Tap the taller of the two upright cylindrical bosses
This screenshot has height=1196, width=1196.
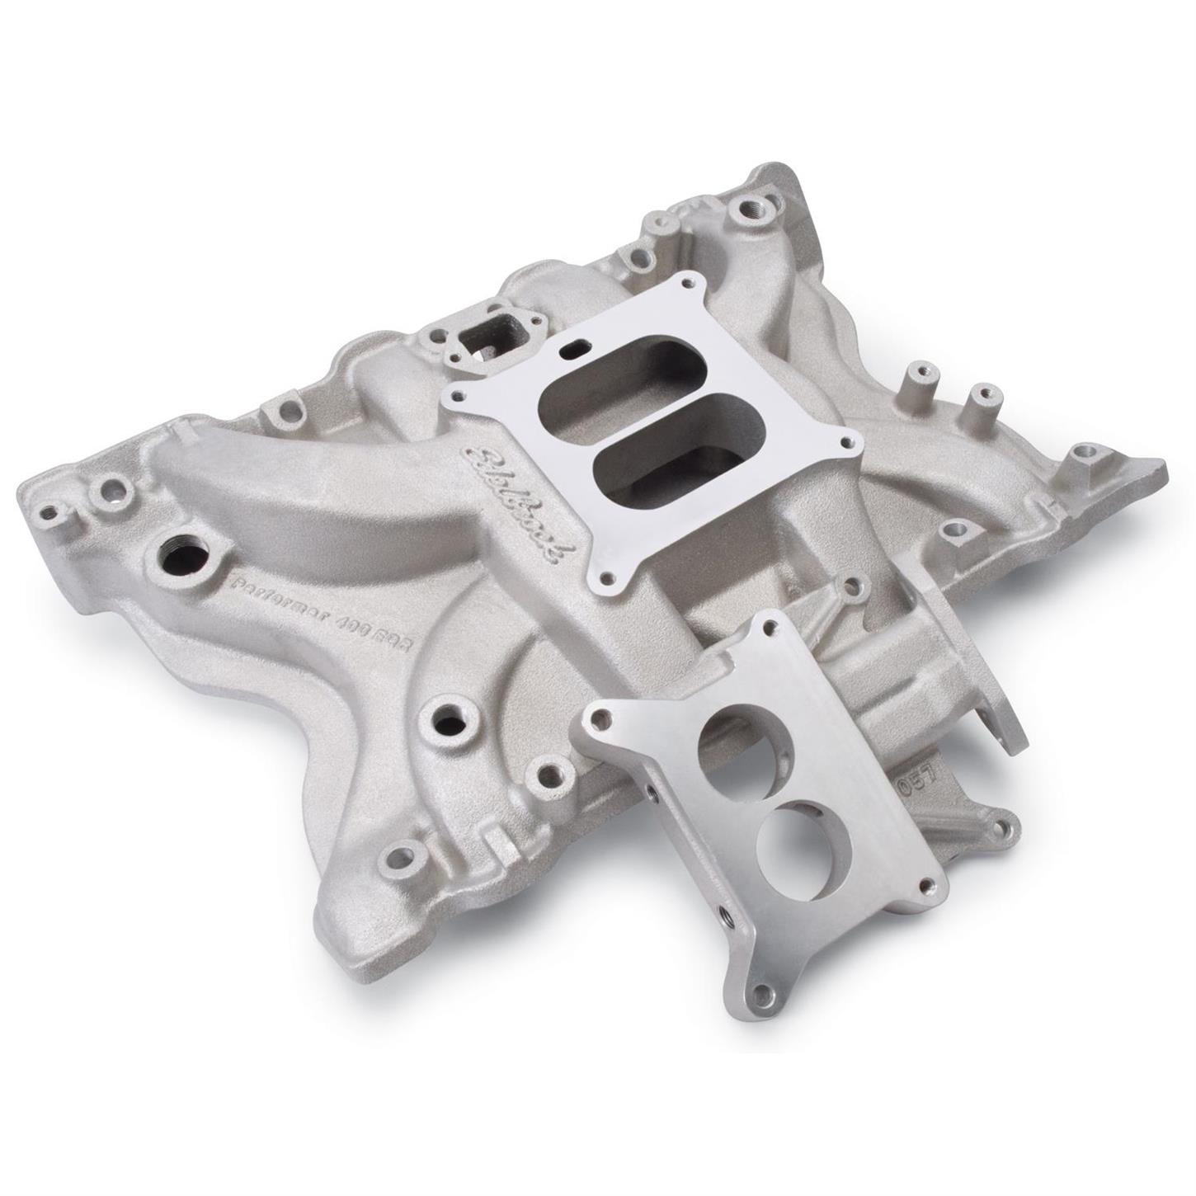coord(921,383)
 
